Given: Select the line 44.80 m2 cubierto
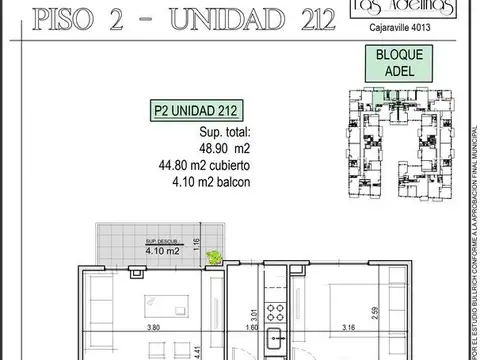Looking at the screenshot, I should (x=210, y=165).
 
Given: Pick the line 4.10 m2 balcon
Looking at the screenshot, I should (x=210, y=182).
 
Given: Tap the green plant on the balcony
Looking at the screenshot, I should (x=212, y=257).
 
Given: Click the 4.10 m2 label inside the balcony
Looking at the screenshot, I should (x=160, y=251).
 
